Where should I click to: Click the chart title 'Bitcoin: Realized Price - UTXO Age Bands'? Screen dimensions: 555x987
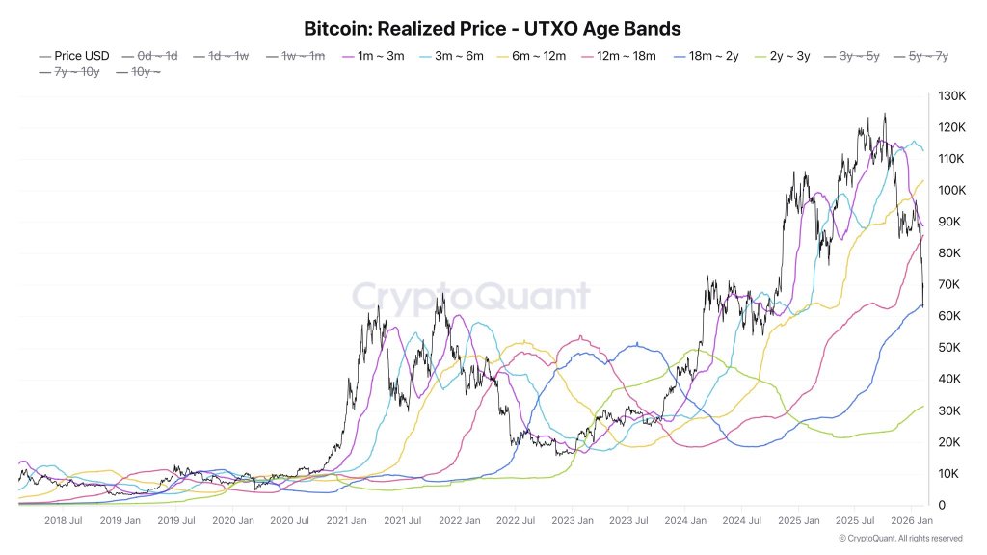click(x=493, y=29)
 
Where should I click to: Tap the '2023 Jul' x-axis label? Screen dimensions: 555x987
click(x=628, y=521)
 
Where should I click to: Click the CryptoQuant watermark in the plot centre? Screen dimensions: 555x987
click(x=470, y=296)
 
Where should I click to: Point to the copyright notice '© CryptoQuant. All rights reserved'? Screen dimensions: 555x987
click(x=900, y=538)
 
